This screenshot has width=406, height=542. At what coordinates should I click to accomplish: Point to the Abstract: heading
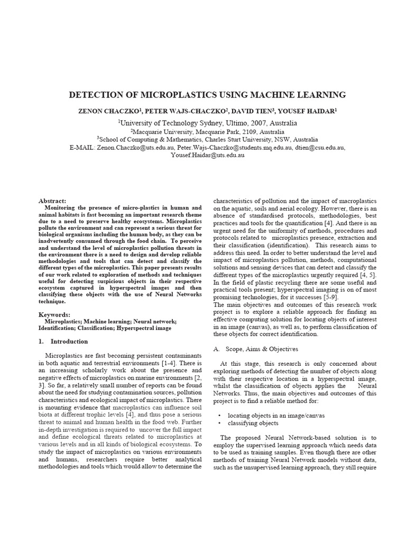click(53, 201)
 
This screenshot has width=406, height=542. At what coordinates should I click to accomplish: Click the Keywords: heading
click(55, 314)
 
